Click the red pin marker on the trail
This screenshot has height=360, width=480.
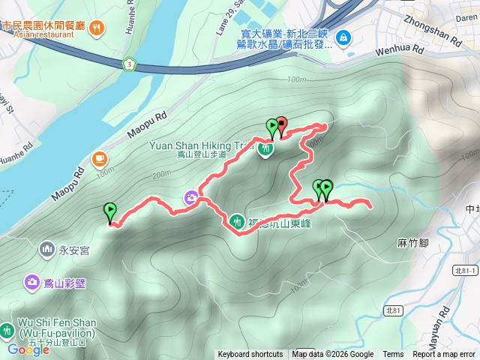[281, 124]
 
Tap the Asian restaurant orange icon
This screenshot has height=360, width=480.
[97, 28]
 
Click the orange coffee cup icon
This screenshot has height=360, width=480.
[99, 159]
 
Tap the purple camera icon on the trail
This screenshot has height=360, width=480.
[192, 198]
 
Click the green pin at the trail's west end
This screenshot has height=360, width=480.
[110, 212]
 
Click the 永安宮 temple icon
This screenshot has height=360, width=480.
[47, 248]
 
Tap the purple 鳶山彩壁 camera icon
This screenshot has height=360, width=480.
[31, 282]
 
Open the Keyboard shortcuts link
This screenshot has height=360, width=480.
[250, 355]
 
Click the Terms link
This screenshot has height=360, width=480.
[393, 355]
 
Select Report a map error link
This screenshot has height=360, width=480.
[444, 355]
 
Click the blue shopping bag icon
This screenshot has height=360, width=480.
[343, 36]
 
